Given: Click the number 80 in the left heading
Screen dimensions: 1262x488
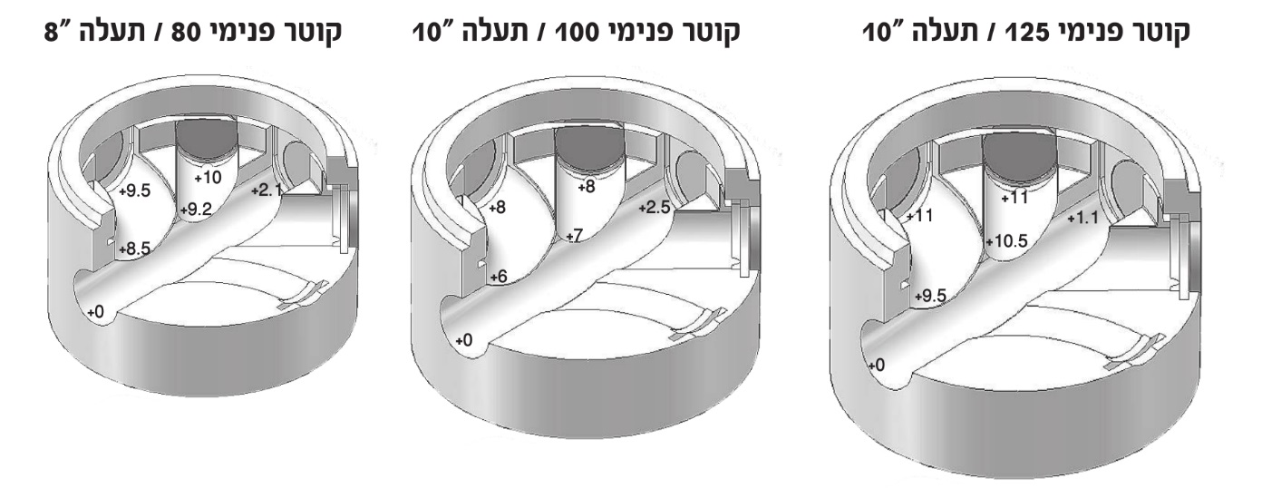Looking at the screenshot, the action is (x=199, y=33).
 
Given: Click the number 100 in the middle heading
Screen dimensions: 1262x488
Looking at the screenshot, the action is (x=578, y=33).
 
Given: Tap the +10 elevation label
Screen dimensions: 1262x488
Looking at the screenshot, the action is (x=208, y=178).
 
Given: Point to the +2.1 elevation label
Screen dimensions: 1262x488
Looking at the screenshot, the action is (x=267, y=190).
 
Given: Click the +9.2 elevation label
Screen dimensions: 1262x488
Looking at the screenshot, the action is (x=196, y=210).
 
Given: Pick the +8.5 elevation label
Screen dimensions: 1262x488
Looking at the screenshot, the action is (x=135, y=249).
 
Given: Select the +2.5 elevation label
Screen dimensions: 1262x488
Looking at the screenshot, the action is (x=655, y=208).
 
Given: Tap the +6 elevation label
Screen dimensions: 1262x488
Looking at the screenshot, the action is (x=499, y=277).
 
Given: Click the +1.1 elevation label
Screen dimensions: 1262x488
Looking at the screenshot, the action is (x=1082, y=218).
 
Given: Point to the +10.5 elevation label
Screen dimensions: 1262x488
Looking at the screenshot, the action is (x=1006, y=241).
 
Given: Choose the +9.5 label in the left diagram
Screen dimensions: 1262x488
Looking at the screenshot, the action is (x=135, y=190).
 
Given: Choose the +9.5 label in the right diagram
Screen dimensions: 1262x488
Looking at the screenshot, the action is (x=930, y=296).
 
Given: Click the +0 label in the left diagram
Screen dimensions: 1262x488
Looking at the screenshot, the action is (x=95, y=312).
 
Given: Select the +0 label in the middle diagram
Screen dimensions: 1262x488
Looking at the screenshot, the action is (x=464, y=340).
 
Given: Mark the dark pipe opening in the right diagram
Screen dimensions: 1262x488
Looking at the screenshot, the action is (x=1019, y=156).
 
